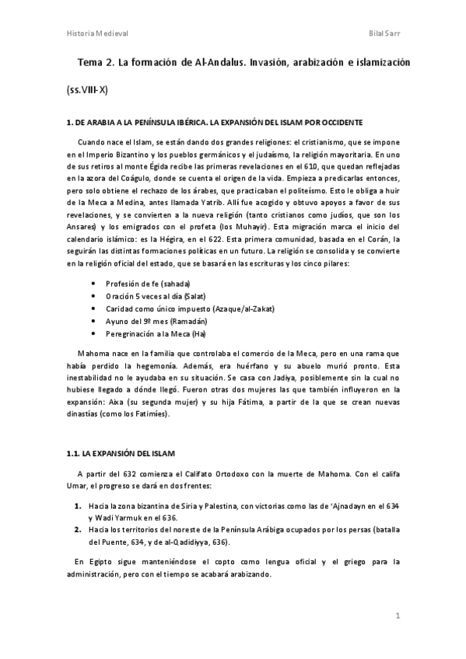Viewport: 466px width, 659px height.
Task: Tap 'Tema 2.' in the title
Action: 97,61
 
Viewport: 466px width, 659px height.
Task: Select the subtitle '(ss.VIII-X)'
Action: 87,90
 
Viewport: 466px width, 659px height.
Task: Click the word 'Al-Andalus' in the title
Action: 217,61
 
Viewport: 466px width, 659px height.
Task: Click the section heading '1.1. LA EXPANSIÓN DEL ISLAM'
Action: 121,453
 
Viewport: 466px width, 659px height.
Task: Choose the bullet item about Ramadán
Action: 156,322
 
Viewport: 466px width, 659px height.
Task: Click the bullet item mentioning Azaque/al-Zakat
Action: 190,309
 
